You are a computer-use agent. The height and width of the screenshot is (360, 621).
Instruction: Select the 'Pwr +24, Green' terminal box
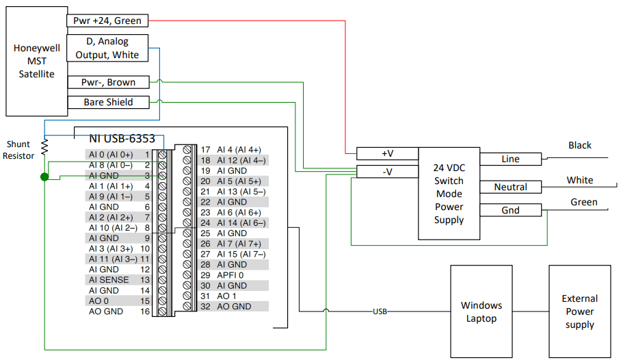coord(107,21)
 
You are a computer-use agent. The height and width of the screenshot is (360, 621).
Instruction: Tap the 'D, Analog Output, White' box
coord(107,48)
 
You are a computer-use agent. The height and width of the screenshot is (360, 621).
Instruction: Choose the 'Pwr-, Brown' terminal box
coord(107,82)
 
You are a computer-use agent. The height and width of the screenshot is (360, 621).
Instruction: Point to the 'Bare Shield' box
coord(107,103)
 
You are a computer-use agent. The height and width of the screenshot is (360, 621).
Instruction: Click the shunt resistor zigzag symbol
coord(44,146)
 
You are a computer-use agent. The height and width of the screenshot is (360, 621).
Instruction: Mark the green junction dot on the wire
coord(44,177)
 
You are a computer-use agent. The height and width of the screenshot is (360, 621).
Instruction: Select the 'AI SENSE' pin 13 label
coord(109,280)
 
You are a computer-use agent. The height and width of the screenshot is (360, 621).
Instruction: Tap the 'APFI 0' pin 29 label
coord(230,275)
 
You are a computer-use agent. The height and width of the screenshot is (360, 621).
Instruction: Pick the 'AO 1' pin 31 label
coord(227,296)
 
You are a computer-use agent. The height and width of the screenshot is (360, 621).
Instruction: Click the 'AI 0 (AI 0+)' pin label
coord(111,155)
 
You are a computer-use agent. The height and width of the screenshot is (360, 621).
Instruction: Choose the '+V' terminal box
coord(386,153)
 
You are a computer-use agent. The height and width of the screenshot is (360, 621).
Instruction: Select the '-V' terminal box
coord(386,171)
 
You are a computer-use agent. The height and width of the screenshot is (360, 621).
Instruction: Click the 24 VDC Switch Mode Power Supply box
coord(448,194)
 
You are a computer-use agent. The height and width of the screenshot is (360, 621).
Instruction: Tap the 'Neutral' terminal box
coord(510,187)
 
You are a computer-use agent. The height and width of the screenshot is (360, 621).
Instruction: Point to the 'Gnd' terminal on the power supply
coord(510,210)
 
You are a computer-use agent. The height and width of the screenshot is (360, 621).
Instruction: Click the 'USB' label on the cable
coord(380,311)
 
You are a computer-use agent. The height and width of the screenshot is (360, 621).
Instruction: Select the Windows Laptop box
coord(481,311)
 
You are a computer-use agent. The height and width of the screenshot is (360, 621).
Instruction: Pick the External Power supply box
coord(579,311)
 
